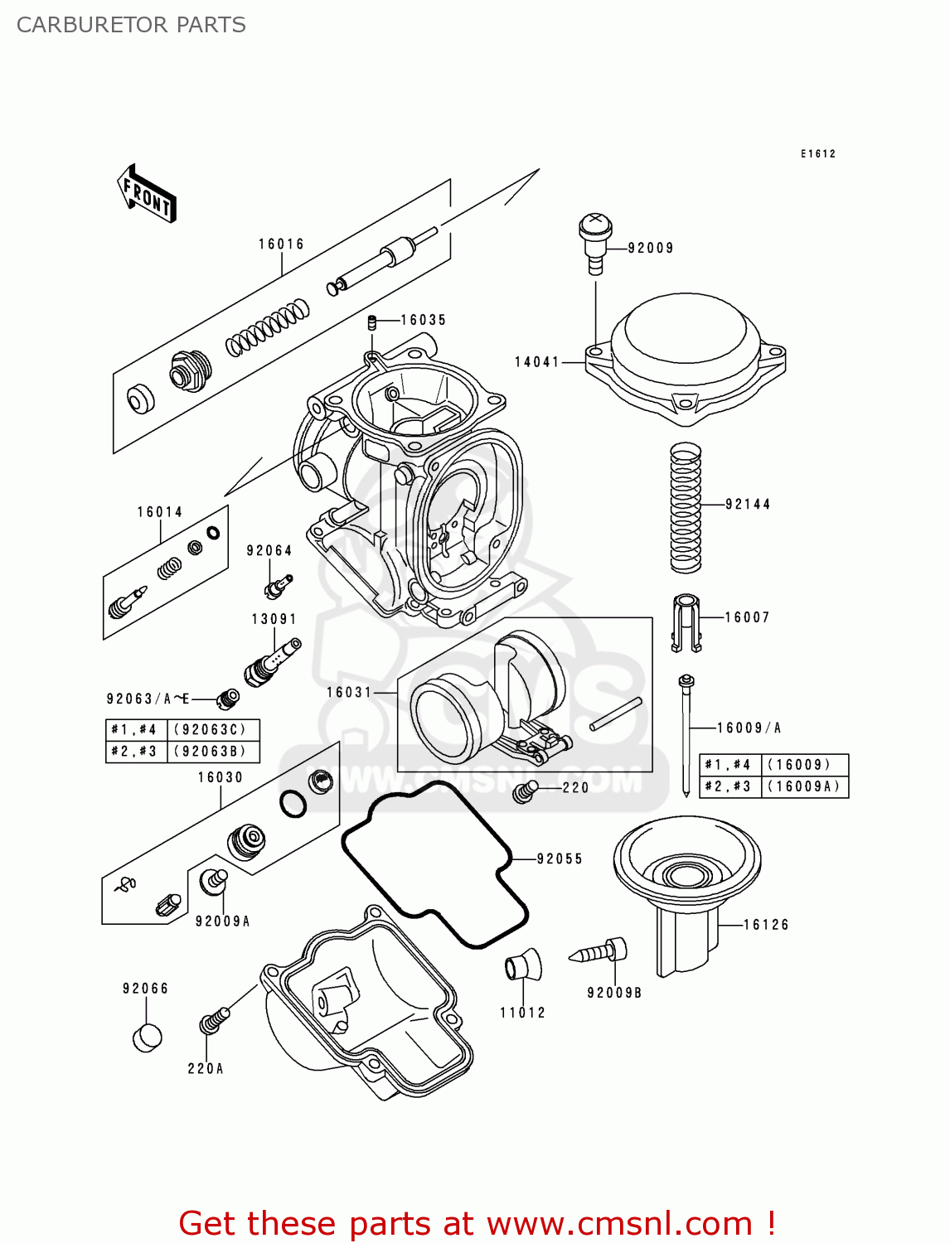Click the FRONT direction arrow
click(147, 193)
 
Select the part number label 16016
click(281, 244)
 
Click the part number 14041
click(537, 362)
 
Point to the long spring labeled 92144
click(686, 507)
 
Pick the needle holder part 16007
click(686, 622)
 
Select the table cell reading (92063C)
click(214, 730)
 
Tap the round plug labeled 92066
click(147, 1037)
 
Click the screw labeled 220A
click(213, 1022)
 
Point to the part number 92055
click(560, 858)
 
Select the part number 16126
click(766, 925)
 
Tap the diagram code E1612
click(817, 154)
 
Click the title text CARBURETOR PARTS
click(131, 25)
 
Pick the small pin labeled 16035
click(373, 322)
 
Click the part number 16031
click(349, 692)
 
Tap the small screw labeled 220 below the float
click(525, 791)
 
